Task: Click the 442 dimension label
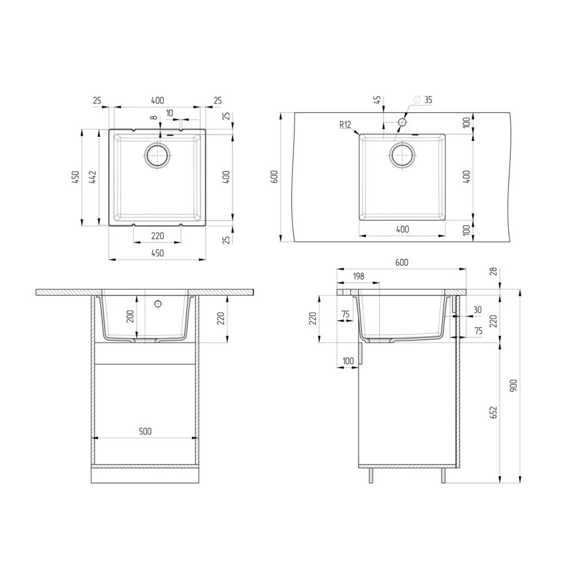(x=93, y=177)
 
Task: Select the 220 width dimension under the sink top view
(x=157, y=236)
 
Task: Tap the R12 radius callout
(x=345, y=124)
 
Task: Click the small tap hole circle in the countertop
(x=402, y=122)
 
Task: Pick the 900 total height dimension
(x=513, y=385)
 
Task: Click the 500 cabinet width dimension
(x=145, y=431)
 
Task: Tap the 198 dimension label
(x=358, y=276)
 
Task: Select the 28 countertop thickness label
(x=494, y=271)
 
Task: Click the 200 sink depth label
(x=130, y=316)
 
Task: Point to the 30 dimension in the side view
(x=477, y=310)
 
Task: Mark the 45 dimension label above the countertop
(x=378, y=100)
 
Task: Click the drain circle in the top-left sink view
(x=157, y=156)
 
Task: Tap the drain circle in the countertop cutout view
(x=402, y=155)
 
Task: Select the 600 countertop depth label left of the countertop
(x=274, y=177)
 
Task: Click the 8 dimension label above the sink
(x=154, y=118)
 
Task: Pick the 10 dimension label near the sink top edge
(x=169, y=113)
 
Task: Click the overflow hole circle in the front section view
(x=157, y=304)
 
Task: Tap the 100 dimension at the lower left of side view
(x=348, y=361)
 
